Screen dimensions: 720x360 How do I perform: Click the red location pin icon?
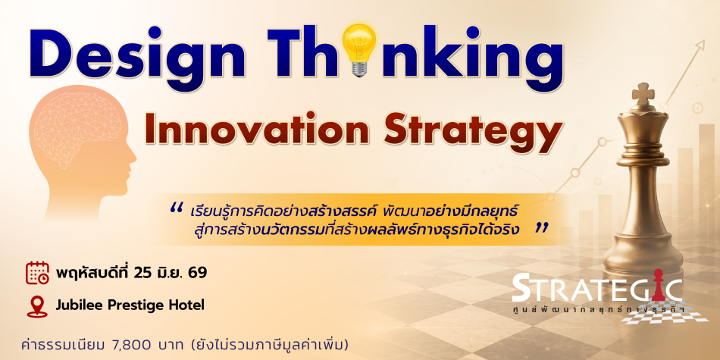tap(37, 306)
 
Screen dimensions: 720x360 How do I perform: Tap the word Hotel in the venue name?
tap(188, 305)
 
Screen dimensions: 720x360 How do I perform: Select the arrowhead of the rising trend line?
tap(700, 45)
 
